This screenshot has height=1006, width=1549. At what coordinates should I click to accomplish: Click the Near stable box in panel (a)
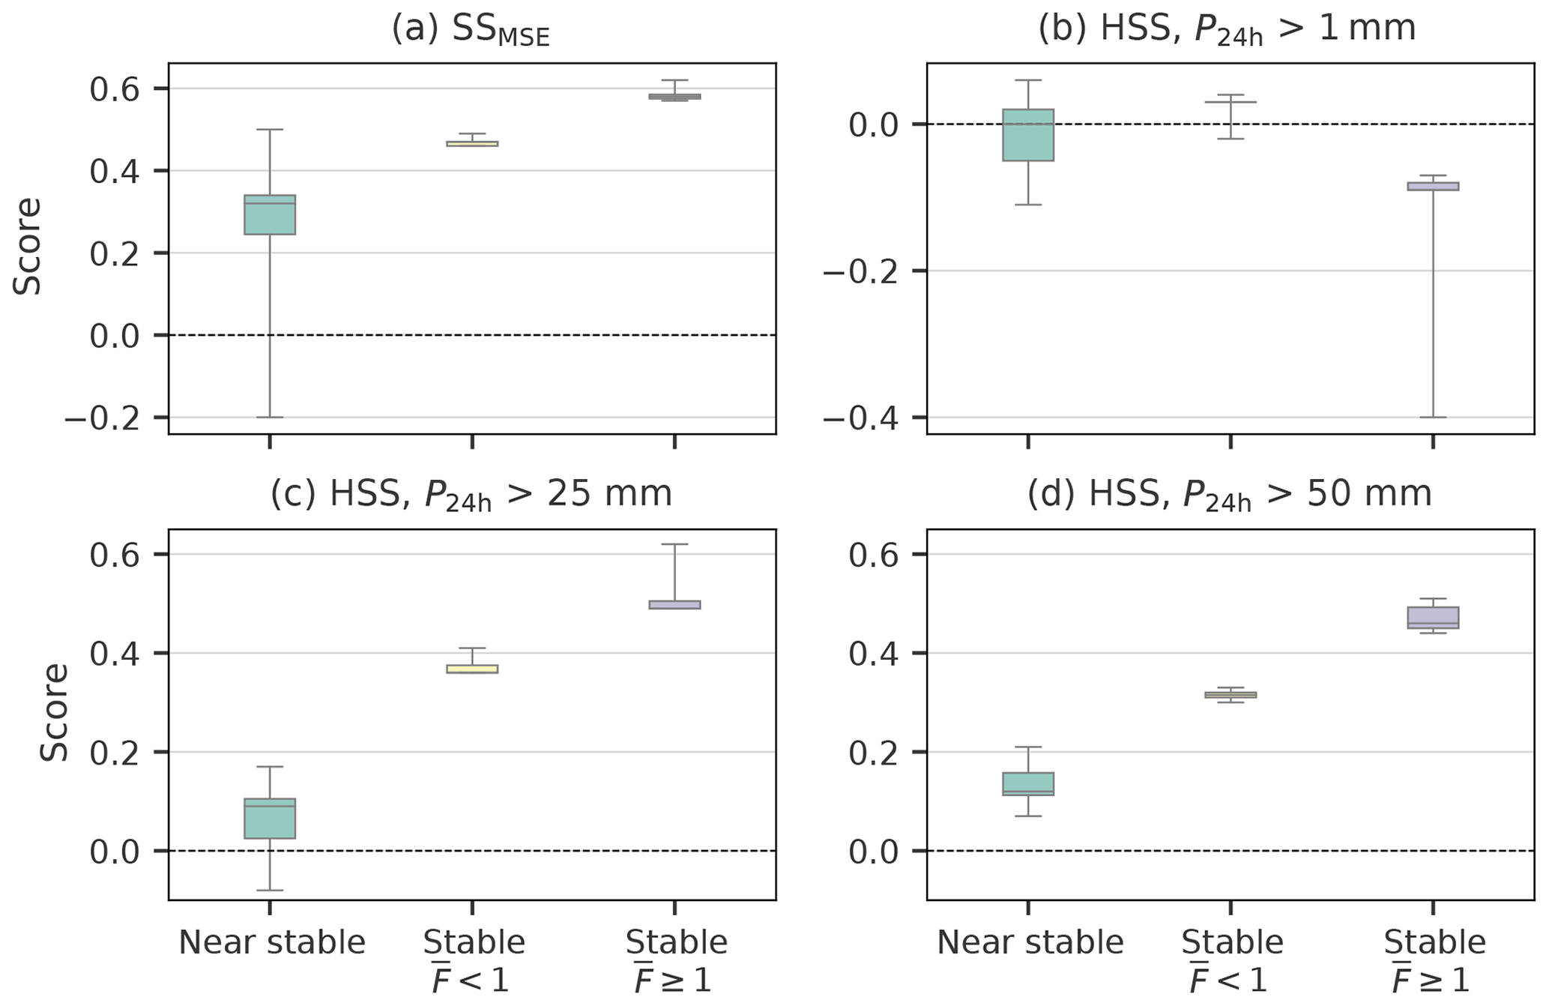270,214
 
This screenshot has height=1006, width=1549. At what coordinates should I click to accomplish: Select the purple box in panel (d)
1433,618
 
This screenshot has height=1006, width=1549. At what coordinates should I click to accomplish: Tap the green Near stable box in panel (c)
270,818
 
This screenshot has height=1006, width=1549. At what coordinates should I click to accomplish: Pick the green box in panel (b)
1028,135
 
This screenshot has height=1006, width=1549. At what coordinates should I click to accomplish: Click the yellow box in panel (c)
472,669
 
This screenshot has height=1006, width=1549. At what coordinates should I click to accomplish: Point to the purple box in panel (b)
1433,186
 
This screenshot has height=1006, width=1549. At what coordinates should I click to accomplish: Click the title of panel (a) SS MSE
471,30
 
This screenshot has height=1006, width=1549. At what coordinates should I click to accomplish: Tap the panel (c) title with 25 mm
471,496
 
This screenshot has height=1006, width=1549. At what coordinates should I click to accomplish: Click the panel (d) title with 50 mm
1229,496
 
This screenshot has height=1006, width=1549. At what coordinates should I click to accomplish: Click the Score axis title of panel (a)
28,247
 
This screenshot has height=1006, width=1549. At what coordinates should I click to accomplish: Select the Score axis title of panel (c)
54,712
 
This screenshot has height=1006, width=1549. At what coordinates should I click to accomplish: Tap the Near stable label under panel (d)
1030,942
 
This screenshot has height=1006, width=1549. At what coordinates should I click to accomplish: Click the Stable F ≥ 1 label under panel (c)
676,960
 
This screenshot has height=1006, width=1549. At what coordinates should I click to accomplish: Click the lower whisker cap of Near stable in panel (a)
270,417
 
